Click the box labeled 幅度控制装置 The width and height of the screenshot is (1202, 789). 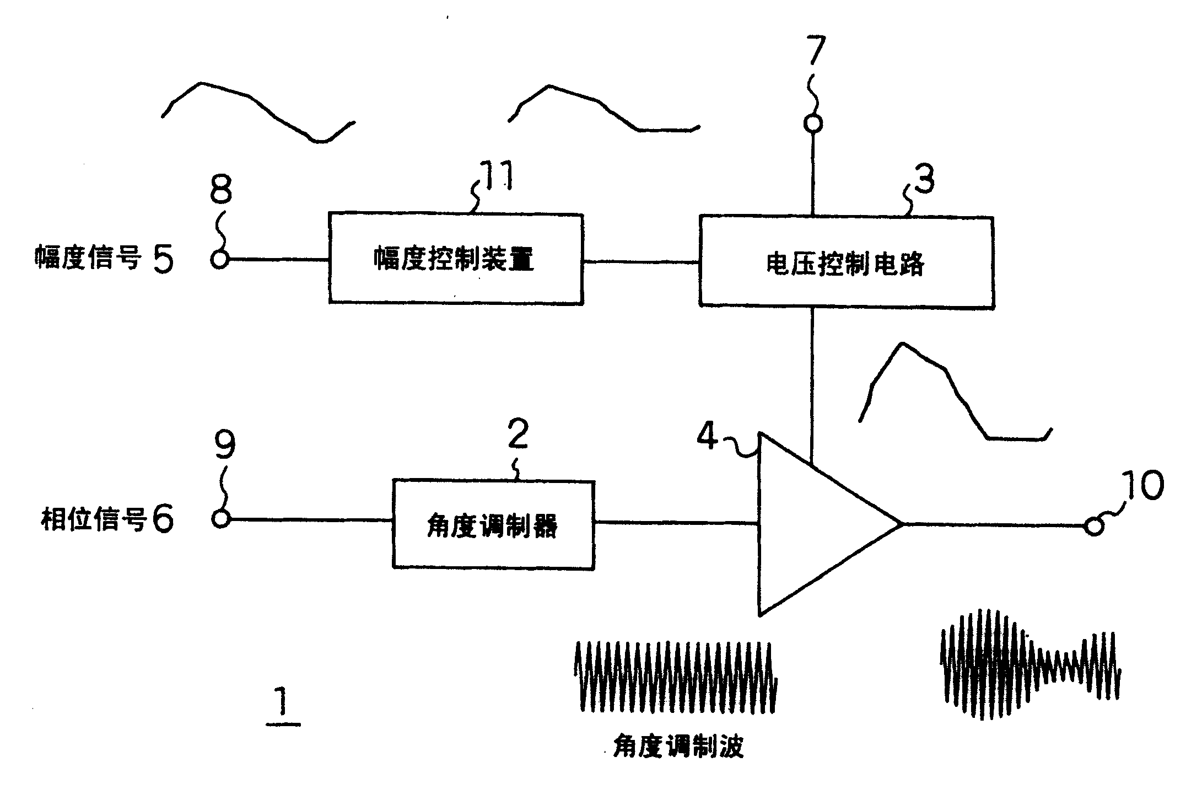[x=455, y=259]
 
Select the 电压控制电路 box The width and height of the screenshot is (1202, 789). [x=846, y=262]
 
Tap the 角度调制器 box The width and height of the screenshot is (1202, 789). [x=493, y=525]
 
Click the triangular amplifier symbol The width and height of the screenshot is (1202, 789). [x=816, y=524]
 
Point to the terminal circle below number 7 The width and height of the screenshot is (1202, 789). [x=812, y=124]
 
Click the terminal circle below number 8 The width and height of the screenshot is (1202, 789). [x=220, y=259]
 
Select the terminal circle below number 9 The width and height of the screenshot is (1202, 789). [x=220, y=519]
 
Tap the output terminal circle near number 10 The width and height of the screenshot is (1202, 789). [x=1093, y=527]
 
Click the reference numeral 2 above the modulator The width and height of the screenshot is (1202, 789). [x=518, y=434]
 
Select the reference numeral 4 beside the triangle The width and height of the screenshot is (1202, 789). [x=708, y=437]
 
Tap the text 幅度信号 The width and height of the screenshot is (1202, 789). [x=88, y=258]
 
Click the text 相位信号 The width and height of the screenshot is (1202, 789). [x=94, y=519]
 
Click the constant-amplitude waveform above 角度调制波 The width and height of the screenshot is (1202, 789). [x=675, y=675]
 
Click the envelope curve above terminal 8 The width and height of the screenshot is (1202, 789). [x=256, y=110]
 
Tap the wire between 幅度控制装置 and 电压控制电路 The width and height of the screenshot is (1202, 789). [x=641, y=262]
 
